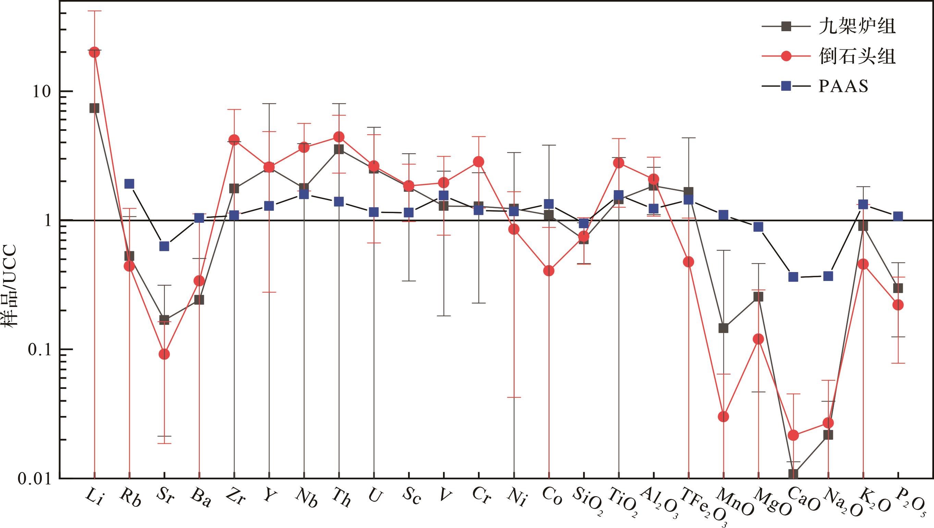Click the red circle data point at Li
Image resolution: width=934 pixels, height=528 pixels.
click(94, 52)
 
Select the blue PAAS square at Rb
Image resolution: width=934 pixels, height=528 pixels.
click(130, 184)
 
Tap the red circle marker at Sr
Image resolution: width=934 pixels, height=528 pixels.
click(164, 354)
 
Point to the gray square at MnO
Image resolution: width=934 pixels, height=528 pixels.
click(723, 328)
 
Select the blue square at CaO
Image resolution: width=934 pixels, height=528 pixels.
click(793, 277)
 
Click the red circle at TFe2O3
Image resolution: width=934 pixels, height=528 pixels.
click(689, 262)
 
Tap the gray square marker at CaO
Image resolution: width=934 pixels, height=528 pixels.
click(793, 474)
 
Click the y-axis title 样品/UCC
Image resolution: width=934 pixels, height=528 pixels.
click(12, 286)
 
